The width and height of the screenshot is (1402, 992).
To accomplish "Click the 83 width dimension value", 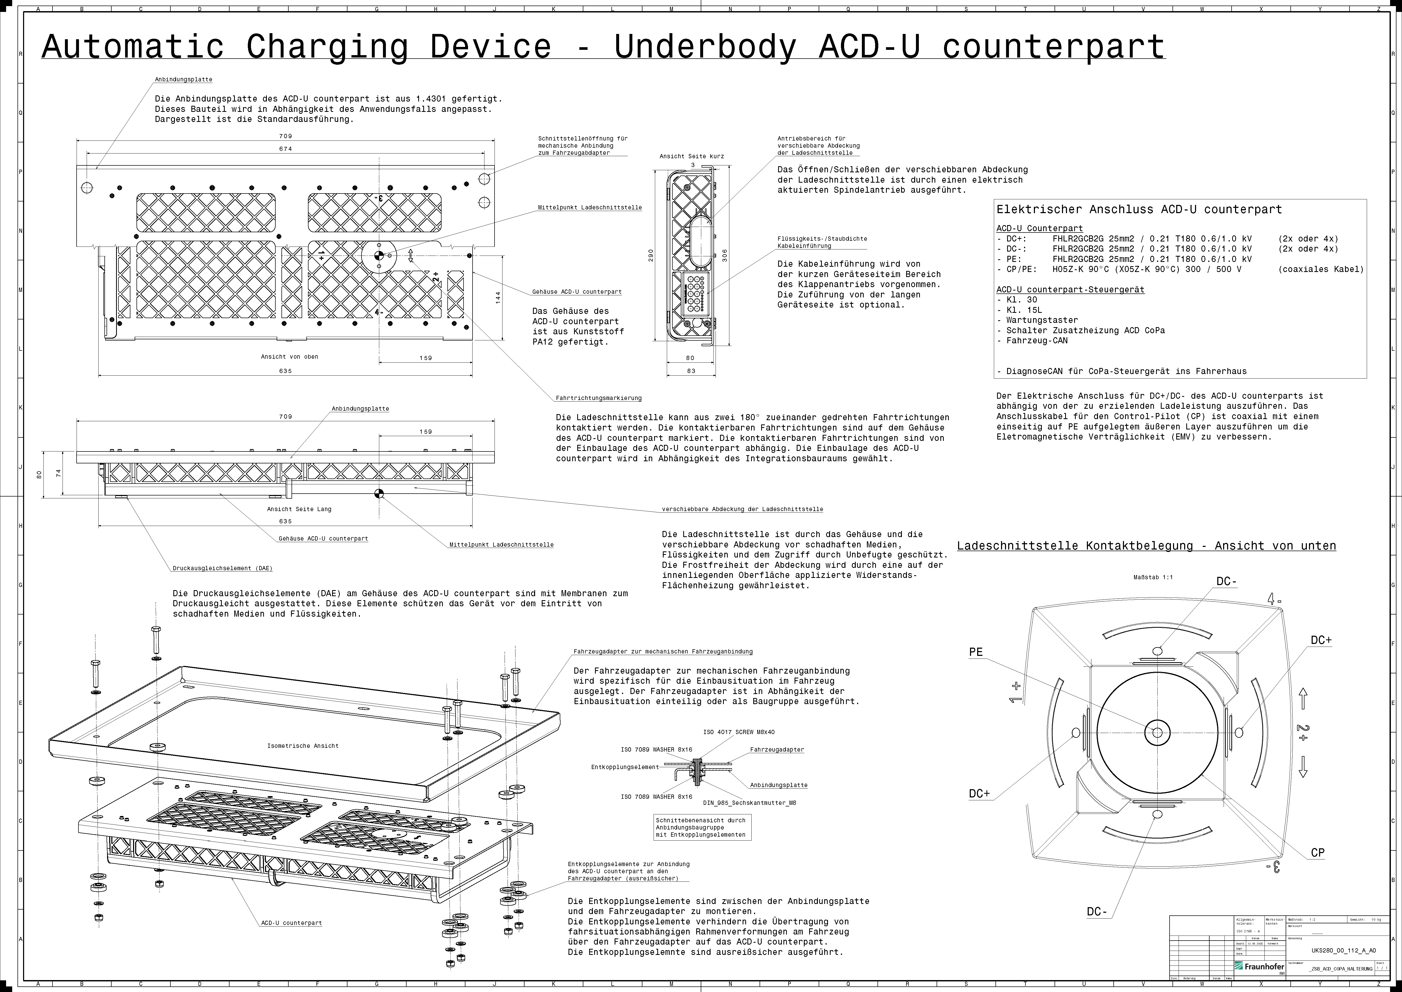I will (x=691, y=371).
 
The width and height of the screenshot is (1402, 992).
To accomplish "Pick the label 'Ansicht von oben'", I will (x=289, y=357).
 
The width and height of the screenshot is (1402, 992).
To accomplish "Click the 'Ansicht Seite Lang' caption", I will (x=299, y=509).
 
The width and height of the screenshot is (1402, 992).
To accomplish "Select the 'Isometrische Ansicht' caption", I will (x=303, y=746).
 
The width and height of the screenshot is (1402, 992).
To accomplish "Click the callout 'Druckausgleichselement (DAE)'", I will (x=222, y=568).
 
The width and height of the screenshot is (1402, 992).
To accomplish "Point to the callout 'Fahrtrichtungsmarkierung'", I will (x=598, y=398).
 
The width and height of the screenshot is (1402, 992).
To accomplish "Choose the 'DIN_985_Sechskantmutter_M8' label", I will (x=749, y=803).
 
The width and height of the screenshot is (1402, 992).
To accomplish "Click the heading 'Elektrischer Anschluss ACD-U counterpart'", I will (x=1139, y=209).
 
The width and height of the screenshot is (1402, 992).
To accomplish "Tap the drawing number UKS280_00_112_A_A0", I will (x=1343, y=950).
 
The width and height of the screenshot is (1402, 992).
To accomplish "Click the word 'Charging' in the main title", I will (x=327, y=46).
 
